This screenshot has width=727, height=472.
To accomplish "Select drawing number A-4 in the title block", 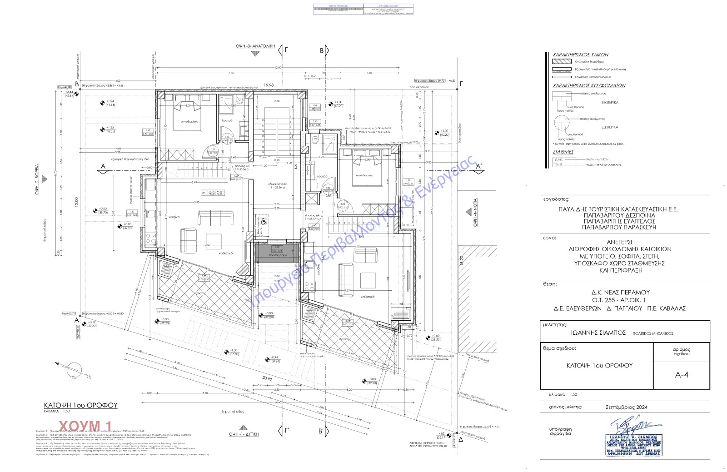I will tap(682, 375).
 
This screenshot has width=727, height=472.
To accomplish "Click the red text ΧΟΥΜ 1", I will tap(92, 425).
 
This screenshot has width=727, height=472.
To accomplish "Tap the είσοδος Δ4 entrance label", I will tap(313, 216).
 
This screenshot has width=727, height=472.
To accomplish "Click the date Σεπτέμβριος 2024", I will tap(627, 407).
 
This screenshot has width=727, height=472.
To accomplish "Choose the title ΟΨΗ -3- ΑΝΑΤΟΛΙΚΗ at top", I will tap(255, 46).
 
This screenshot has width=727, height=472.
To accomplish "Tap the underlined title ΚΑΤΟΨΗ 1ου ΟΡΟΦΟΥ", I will tap(80, 405).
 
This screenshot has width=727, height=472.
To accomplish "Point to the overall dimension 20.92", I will tap(267, 378).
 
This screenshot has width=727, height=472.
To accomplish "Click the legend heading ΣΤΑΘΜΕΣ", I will tap(563, 152).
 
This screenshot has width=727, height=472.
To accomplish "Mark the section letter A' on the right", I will tap(478, 167).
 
